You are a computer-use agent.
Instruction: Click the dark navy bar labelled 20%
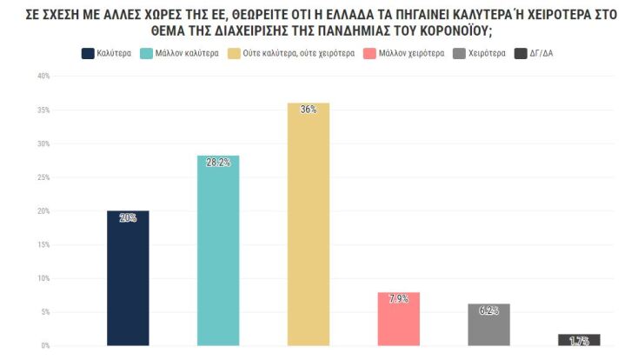[128, 278]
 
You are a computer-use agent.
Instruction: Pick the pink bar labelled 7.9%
[399, 319]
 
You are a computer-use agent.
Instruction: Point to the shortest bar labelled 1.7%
[579, 340]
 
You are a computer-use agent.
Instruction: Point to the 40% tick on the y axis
[43, 77]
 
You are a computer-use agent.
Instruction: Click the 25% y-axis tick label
[43, 177]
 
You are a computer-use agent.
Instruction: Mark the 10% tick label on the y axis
[43, 278]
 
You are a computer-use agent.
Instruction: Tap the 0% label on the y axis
[45, 345]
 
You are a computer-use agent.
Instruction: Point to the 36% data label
[309, 110]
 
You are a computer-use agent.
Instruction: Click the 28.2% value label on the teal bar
[218, 163]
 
